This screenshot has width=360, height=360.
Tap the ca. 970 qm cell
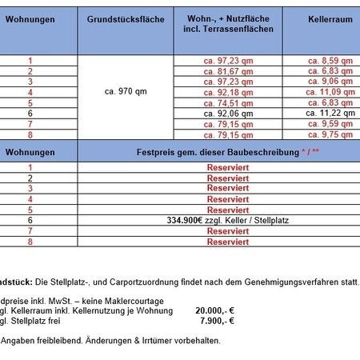[x=125, y=91]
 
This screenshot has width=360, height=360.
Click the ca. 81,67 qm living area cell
[x=228, y=71]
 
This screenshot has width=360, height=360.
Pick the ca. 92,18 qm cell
[x=228, y=92]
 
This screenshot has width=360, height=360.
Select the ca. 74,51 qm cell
[x=228, y=102]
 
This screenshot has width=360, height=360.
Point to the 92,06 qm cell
[x=232, y=113]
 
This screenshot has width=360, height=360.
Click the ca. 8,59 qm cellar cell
[x=330, y=61]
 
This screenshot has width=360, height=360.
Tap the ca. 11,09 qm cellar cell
[x=330, y=92]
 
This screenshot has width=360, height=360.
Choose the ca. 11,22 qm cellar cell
[x=330, y=113]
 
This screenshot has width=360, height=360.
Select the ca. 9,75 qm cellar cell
[x=330, y=134]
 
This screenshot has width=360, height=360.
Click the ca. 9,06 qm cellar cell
[x=330, y=82]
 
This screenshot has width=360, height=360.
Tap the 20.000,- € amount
[x=214, y=311]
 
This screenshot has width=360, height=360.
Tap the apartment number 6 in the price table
[x=30, y=219]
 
